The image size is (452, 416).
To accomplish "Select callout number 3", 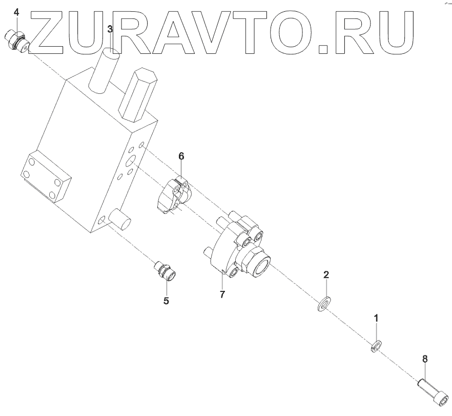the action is pyautogui.click(x=110, y=29).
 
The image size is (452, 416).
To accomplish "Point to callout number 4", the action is pyautogui.click(x=16, y=12).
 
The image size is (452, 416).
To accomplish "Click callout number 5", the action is pyautogui.click(x=166, y=301).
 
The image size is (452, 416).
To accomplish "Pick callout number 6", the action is pyautogui.click(x=181, y=156).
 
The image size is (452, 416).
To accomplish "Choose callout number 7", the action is pyautogui.click(x=222, y=294).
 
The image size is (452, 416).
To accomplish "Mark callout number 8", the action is pyautogui.click(x=425, y=359).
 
